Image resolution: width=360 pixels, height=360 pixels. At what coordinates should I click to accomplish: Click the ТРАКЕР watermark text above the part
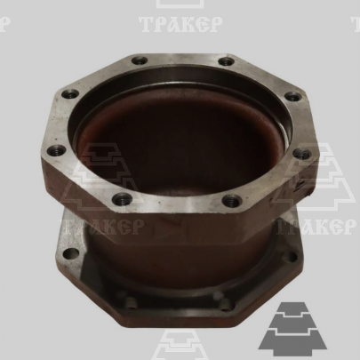pos(180,24)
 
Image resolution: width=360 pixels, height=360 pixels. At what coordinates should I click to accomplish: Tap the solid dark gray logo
pos(292,329)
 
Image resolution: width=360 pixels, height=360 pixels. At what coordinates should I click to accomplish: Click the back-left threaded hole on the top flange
pos(140,61)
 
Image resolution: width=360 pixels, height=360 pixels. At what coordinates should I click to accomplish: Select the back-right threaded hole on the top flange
pos(227,61)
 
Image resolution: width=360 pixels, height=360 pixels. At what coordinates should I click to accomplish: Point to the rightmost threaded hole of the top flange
pos(301,154)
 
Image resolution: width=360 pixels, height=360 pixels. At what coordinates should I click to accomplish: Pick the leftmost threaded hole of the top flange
pos(56,150)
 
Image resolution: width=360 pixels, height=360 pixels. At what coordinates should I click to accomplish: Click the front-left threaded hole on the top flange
pos(122,199)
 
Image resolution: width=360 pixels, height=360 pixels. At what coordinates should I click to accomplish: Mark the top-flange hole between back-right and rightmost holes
pos(292,96)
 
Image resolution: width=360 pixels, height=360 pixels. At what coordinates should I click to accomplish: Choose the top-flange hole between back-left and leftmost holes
pos(70,95)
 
